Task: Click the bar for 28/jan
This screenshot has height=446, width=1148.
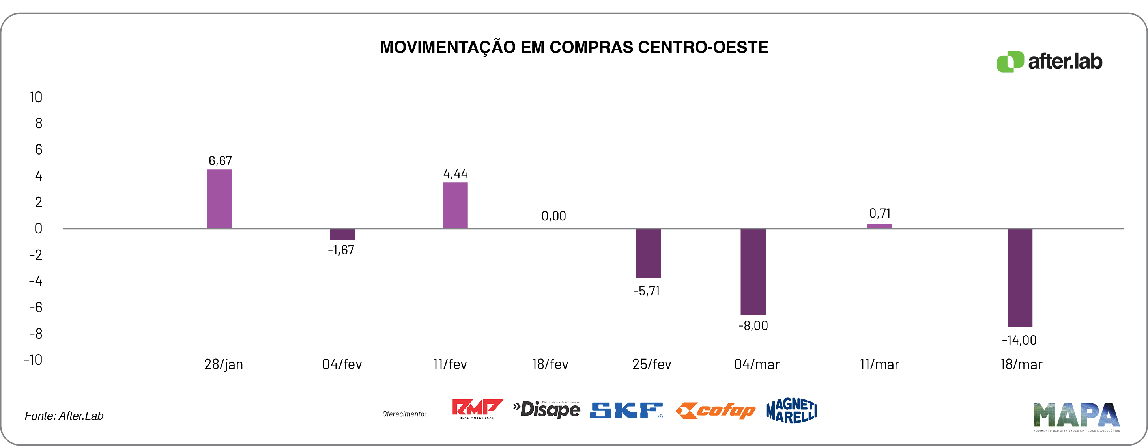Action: point(219,199)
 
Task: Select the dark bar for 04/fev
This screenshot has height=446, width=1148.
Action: point(342,234)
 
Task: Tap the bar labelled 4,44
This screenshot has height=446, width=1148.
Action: point(455,205)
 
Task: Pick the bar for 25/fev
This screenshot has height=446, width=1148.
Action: point(648,253)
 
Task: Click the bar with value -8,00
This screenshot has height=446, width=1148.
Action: point(753,271)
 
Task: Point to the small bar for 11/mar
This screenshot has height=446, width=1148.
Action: point(879,226)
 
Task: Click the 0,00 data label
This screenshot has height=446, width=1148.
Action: point(553,216)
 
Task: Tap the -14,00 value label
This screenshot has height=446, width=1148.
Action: point(1019,340)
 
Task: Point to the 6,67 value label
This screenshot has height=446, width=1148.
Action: point(220,161)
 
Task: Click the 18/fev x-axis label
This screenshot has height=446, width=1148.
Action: point(550,364)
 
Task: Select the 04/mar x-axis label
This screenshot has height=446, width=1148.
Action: point(756,364)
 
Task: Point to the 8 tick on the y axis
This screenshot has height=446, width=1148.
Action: point(39,123)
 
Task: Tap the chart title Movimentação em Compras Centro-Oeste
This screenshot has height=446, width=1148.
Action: point(574,47)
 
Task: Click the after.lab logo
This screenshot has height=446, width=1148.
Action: point(1049,62)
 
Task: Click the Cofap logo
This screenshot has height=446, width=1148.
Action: point(715,411)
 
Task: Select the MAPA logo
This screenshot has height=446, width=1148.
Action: point(1076,416)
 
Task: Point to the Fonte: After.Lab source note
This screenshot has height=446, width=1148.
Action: point(64,416)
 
